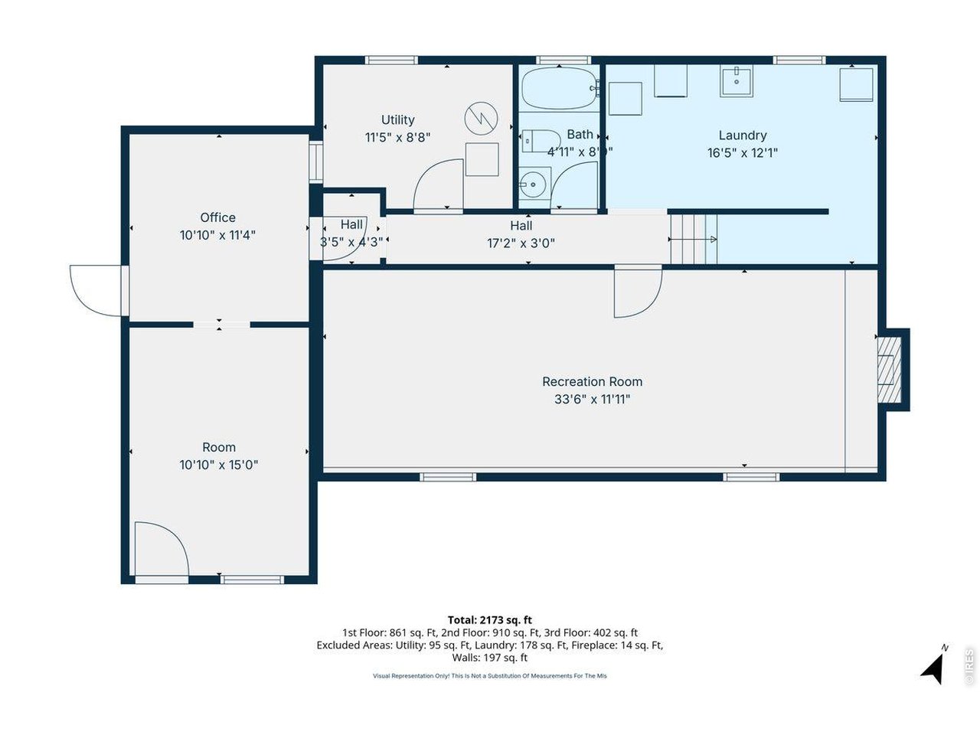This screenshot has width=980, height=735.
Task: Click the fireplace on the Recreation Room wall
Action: click(889, 370)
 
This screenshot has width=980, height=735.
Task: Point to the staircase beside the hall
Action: click(694, 240)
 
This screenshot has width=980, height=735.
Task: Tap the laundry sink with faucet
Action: click(737, 80)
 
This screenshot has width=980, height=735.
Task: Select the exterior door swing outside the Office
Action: click(96, 289)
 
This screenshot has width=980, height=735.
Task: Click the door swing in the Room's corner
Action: click(160, 548)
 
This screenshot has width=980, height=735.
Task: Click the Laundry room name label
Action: click(742, 136)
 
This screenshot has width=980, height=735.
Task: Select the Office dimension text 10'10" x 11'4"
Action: click(217, 235)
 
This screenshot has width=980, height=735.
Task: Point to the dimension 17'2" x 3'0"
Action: click(521, 243)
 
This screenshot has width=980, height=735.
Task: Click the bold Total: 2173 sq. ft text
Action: click(489, 620)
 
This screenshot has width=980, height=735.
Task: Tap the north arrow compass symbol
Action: click(933, 667)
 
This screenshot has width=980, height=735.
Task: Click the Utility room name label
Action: click(397, 120)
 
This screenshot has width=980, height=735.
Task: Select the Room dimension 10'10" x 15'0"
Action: click(219, 465)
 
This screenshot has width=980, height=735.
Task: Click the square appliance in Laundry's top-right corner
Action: click(856, 84)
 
